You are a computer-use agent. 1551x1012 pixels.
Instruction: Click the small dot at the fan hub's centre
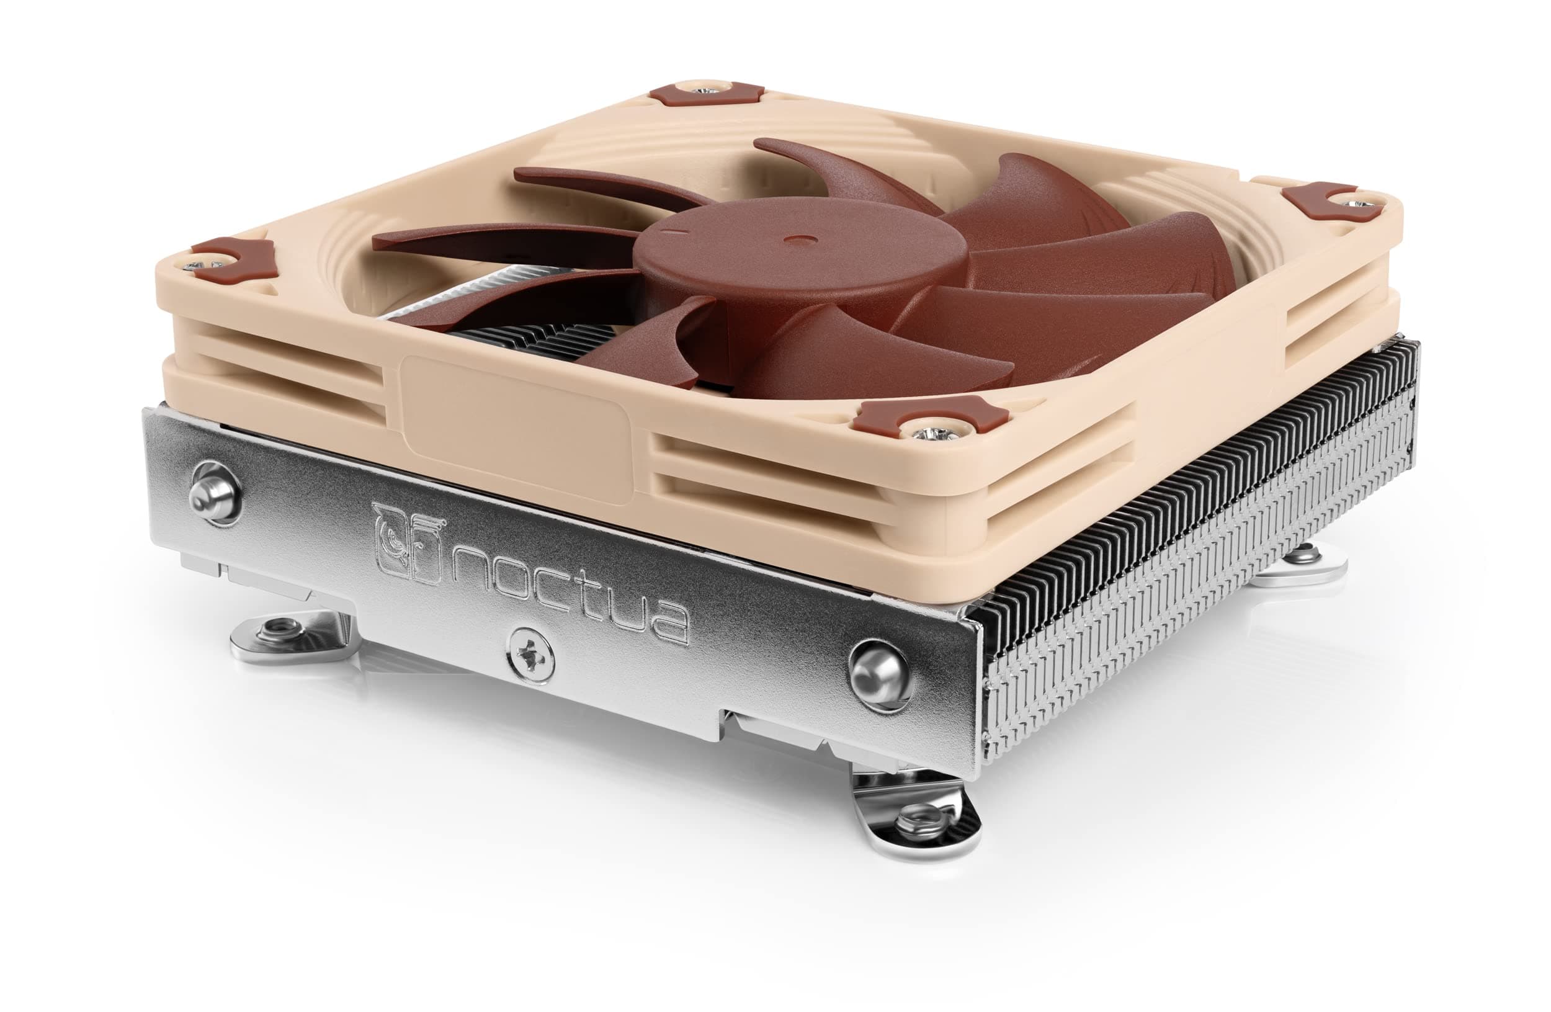point(797,240)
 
